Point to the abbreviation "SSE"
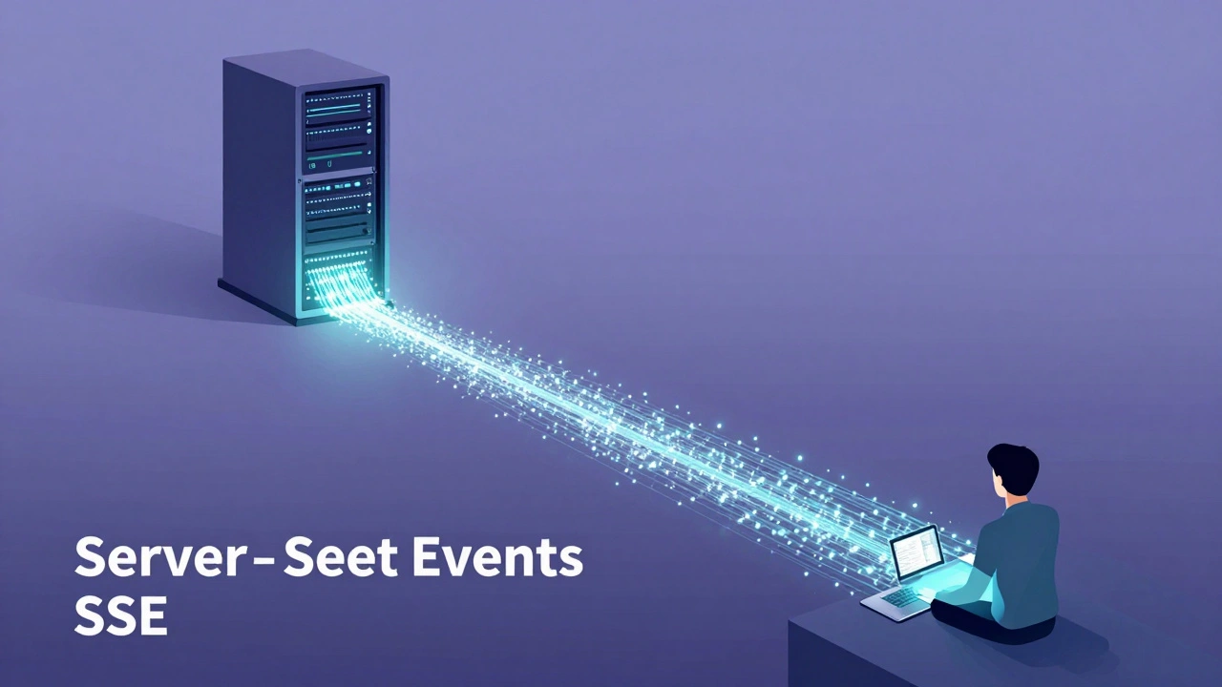tap(120, 616)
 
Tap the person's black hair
tap(1014, 468)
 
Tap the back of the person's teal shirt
tap(1027, 553)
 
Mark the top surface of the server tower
tap(305, 65)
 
